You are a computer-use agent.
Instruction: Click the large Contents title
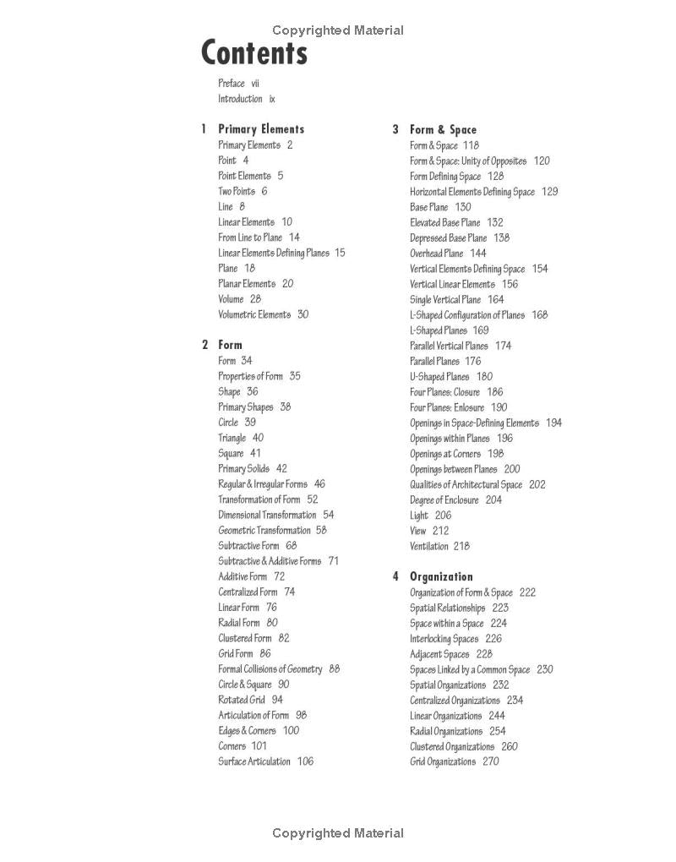pos(254,53)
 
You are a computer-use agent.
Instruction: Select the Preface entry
pos(232,84)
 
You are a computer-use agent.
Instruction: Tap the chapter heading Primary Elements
pos(261,129)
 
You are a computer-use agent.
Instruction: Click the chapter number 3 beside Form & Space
pos(395,130)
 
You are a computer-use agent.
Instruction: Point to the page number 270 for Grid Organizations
pos(490,762)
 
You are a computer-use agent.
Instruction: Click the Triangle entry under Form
pos(232,438)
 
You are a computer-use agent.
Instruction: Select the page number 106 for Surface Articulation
pos(305,761)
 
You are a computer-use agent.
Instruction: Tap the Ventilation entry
pos(429,547)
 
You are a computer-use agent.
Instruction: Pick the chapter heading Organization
pos(441,577)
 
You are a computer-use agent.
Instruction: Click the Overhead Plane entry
pos(437,254)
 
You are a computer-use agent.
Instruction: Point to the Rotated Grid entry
pos(242,700)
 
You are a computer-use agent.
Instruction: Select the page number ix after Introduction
pos(272,99)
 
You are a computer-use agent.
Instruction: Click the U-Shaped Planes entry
pos(439,377)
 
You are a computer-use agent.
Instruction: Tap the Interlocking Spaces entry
pos(444,639)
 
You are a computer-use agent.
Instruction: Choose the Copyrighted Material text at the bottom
pos(338,833)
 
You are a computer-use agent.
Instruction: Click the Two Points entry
pos(237,192)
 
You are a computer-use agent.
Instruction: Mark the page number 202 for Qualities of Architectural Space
pos(537,485)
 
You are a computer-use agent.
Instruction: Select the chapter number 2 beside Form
pos(204,345)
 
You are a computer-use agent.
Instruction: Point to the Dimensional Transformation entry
pos(267,515)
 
